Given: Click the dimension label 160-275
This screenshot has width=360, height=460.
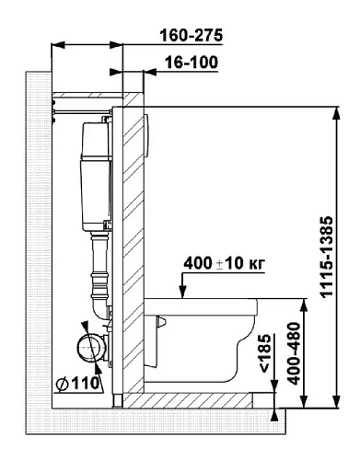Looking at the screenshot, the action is pos(191,35).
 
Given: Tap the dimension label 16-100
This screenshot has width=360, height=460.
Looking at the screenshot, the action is pos(192,63).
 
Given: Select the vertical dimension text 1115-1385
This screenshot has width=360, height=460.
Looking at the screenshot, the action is pos(326,257).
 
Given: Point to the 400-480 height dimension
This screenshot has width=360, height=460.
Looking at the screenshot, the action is pos(295,353).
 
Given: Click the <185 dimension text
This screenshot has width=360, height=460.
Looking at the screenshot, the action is pos(265,353).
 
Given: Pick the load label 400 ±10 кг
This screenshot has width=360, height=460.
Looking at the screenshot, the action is pos(224,263).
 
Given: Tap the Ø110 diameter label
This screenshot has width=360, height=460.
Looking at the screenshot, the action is pos(78,383).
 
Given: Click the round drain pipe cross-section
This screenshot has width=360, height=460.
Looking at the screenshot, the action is pos(91,348).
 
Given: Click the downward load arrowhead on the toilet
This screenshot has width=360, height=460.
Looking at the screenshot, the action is pos(182,292).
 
